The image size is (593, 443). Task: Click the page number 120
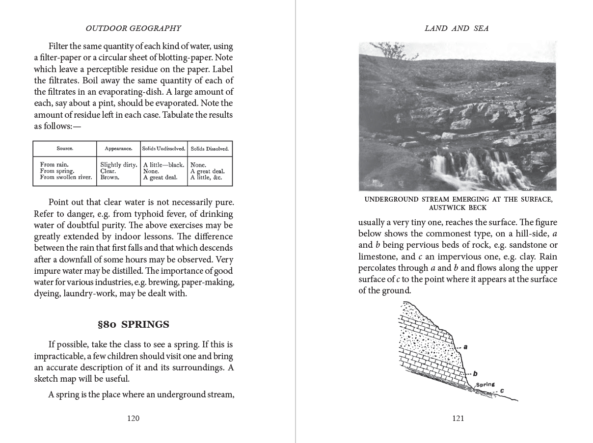[x=133, y=418]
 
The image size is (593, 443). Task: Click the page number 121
[x=458, y=418]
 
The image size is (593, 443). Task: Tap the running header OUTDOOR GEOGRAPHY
[x=133, y=28]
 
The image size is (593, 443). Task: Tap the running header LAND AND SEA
[x=457, y=28]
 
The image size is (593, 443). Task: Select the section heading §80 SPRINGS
[x=134, y=324]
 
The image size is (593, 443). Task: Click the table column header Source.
[x=64, y=148]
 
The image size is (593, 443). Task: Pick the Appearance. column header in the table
[x=118, y=149]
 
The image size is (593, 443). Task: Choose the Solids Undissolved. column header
[x=163, y=149]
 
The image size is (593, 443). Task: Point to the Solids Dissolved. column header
[x=210, y=149]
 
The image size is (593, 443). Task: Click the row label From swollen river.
[x=66, y=178]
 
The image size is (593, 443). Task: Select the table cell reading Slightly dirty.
[x=118, y=165]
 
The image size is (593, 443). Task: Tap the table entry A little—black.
[x=163, y=165]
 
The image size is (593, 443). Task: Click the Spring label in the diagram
[x=485, y=385]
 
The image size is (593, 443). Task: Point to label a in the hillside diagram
[x=465, y=347]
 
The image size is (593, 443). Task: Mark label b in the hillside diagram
[x=475, y=373]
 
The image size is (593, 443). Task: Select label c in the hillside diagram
[x=502, y=391]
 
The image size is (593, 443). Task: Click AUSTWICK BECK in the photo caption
[x=458, y=208]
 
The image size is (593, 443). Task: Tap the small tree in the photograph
[x=388, y=49]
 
